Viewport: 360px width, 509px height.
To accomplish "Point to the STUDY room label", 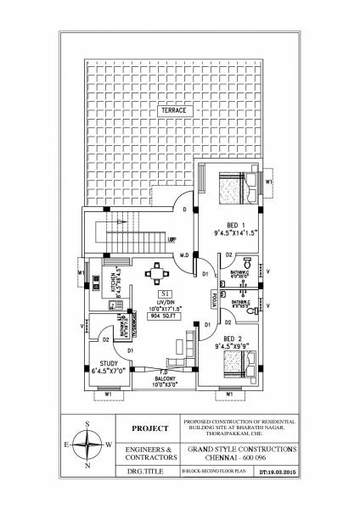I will (x=106, y=368).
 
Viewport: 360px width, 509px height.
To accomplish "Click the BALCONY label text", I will (x=168, y=381).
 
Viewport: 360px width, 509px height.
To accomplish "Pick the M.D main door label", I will (x=183, y=255).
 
